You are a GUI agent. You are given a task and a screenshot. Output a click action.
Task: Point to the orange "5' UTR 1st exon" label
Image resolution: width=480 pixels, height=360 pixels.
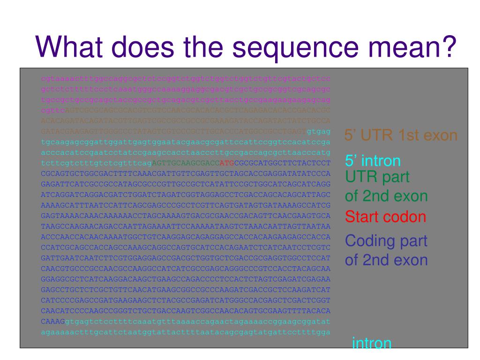[401, 135]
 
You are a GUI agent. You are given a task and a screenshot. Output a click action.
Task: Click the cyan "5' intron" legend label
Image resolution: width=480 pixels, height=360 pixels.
[373, 161]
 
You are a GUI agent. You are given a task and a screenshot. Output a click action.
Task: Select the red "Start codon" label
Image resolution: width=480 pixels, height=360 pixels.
[385, 217]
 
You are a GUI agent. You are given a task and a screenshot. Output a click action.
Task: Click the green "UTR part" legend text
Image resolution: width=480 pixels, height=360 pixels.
[377, 177]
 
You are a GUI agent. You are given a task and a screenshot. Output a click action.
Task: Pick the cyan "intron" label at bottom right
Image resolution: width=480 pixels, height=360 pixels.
[372, 344]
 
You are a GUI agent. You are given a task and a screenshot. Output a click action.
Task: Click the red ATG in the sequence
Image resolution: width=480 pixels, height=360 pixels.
[226, 163]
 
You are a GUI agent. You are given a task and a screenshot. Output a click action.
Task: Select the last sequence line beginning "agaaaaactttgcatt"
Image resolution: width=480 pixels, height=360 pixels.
[186, 332]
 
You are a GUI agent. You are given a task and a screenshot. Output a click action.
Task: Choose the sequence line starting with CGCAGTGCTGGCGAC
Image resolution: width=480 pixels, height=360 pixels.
[186, 173]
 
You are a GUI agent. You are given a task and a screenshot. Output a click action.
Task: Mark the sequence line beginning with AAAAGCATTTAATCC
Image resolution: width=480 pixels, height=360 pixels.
[186, 205]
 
